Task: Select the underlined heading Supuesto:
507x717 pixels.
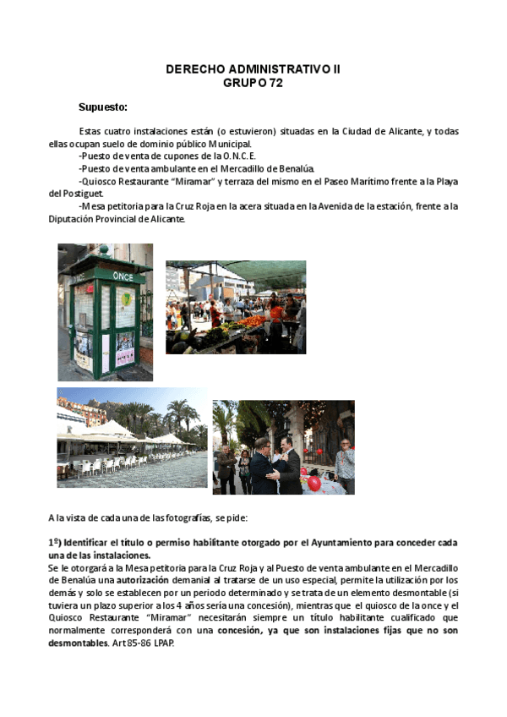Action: pos(103,107)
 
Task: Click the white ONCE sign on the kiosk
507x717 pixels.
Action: pos(124,276)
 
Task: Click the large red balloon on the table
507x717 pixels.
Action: pos(313,483)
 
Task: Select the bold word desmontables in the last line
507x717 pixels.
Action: pos(78,642)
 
